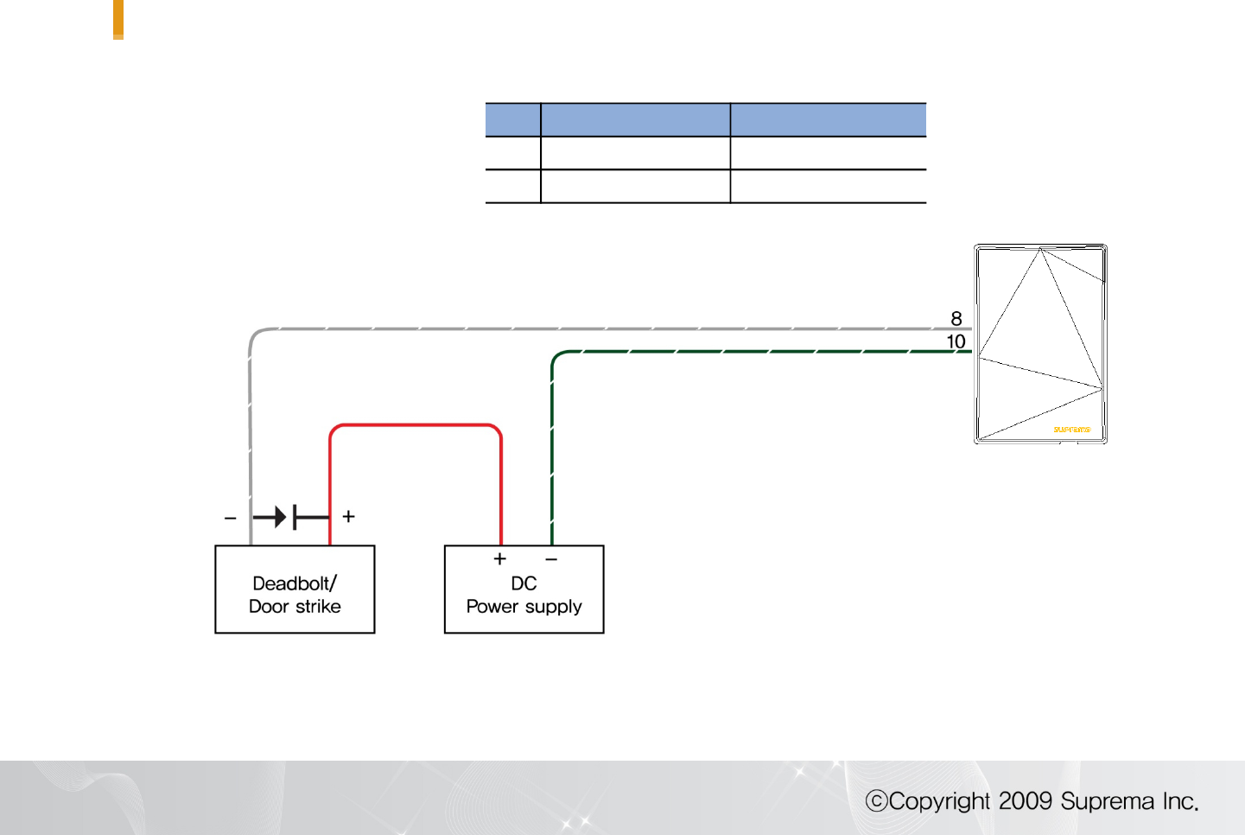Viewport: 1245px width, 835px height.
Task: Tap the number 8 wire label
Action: [956, 318]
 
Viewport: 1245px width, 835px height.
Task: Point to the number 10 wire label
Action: [956, 341]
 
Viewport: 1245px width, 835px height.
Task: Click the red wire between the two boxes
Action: [416, 425]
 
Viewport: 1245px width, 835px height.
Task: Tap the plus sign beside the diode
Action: [349, 516]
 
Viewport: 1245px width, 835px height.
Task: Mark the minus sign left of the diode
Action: [230, 519]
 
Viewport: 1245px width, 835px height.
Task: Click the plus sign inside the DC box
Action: [499, 559]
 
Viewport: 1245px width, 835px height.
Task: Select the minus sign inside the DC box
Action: [551, 559]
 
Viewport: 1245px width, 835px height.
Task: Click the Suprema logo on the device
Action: [1071, 429]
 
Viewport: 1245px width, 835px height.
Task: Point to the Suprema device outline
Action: [1040, 344]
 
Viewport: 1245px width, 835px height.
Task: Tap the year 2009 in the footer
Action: [1026, 800]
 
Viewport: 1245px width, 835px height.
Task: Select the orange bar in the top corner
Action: [118, 18]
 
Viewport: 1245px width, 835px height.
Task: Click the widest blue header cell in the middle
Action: [635, 119]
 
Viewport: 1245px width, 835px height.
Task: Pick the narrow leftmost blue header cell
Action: [513, 119]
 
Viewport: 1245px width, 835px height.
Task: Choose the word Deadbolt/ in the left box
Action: [295, 583]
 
